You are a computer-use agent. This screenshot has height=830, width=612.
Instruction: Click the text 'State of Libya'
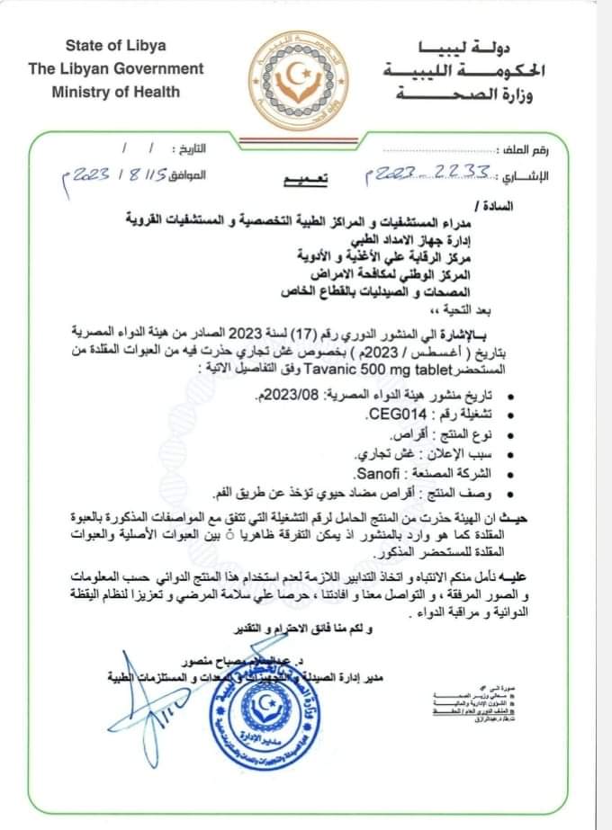[115, 45]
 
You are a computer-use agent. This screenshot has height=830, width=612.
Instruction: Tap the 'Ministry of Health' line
[115, 91]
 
